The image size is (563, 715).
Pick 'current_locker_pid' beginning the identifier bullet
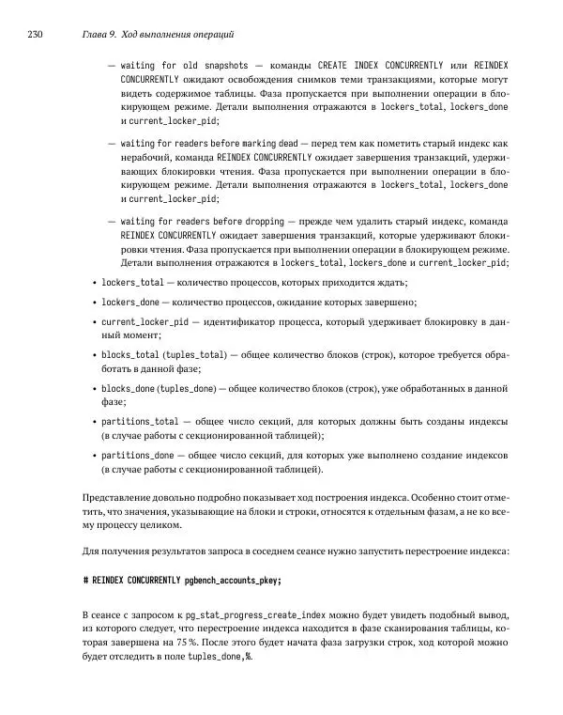(x=145, y=321)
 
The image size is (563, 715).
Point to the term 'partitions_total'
(x=140, y=421)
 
